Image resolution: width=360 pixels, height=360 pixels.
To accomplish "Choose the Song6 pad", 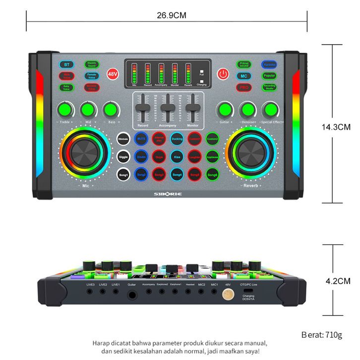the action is click(x=212, y=174).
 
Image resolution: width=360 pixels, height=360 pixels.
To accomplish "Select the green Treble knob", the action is click(x=64, y=109).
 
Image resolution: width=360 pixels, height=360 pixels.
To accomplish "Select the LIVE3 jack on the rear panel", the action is click(x=90, y=292).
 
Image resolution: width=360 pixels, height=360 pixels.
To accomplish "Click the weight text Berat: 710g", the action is click(x=322, y=335).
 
